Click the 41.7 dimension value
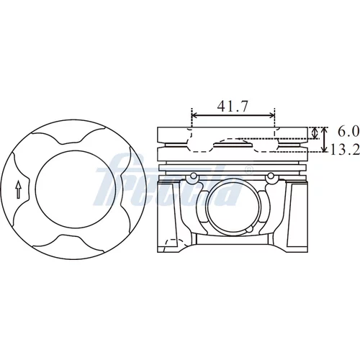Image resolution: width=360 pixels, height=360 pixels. point(232,107)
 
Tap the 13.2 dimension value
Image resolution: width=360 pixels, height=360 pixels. point(345,149)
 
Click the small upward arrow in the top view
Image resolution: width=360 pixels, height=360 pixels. point(18,189)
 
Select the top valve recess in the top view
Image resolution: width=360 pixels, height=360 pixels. point(68,139)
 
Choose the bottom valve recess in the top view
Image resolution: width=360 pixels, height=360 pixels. point(68,240)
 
